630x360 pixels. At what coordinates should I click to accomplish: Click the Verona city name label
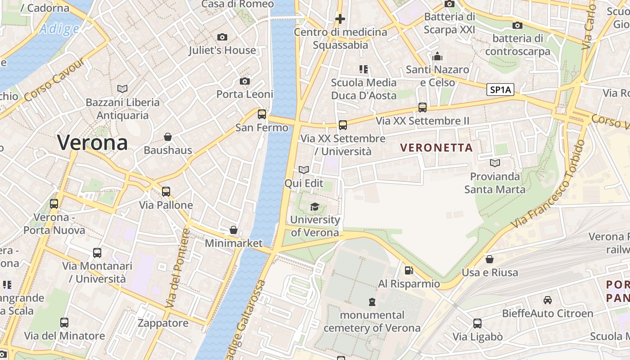tap(92, 143)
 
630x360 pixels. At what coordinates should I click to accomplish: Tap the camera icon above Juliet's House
tap(222, 37)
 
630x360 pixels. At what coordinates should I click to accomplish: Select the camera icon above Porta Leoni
tap(245, 81)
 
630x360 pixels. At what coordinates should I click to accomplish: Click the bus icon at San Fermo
tap(262, 114)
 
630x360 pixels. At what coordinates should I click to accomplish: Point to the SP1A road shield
tap(500, 90)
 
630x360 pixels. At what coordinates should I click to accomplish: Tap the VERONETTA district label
tap(436, 148)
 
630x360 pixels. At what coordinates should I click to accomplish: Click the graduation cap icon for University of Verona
tap(315, 207)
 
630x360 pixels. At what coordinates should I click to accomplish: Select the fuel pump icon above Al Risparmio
tap(409, 270)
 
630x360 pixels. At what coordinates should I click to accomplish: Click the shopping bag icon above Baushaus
tap(168, 136)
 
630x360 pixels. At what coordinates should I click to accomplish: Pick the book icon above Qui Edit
tap(304, 170)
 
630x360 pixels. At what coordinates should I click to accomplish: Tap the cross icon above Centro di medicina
tap(340, 19)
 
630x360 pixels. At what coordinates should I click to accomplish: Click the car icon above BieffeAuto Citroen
tap(547, 300)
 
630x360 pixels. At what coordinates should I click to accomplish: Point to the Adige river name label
tap(59, 29)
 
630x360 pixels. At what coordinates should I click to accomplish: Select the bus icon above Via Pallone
tap(166, 192)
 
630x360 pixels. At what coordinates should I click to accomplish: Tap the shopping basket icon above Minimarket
tap(234, 230)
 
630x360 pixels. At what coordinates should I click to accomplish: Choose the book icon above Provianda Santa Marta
tap(495, 163)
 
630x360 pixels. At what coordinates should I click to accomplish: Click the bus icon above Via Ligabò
tap(477, 323)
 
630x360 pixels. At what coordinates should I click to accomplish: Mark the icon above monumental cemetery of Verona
tap(372, 301)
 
